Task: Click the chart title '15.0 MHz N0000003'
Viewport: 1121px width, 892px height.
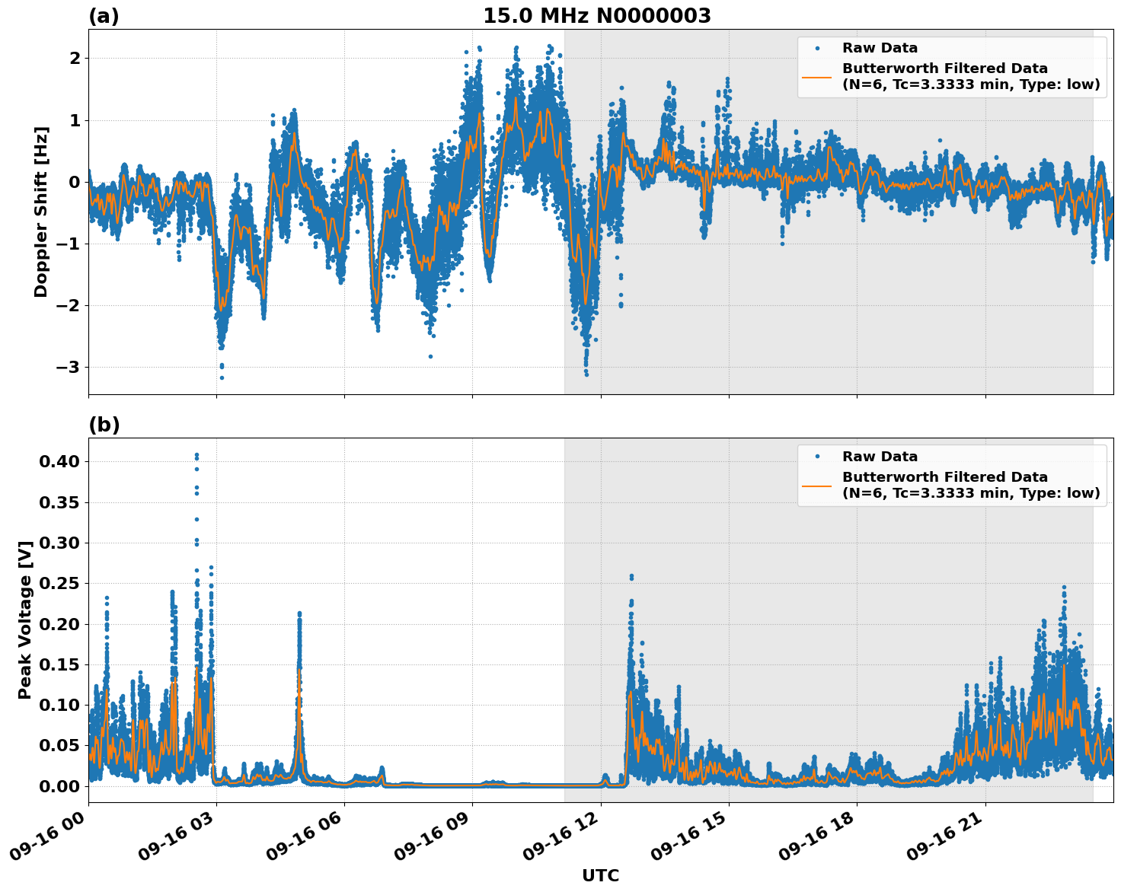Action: (596, 16)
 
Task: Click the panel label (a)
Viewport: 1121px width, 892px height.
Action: (104, 16)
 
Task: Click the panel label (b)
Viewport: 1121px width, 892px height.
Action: (104, 425)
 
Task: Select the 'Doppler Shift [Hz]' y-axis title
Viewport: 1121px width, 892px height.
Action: (41, 212)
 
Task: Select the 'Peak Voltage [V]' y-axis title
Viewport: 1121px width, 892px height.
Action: (25, 620)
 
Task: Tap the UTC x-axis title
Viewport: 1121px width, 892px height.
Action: (600, 875)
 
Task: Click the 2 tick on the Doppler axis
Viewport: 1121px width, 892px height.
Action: (75, 59)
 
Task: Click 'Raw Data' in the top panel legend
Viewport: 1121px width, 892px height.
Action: (880, 48)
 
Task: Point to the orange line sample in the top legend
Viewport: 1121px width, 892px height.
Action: (817, 77)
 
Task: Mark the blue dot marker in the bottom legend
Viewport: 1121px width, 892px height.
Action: (817, 457)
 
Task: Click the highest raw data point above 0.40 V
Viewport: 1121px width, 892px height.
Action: (196, 455)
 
